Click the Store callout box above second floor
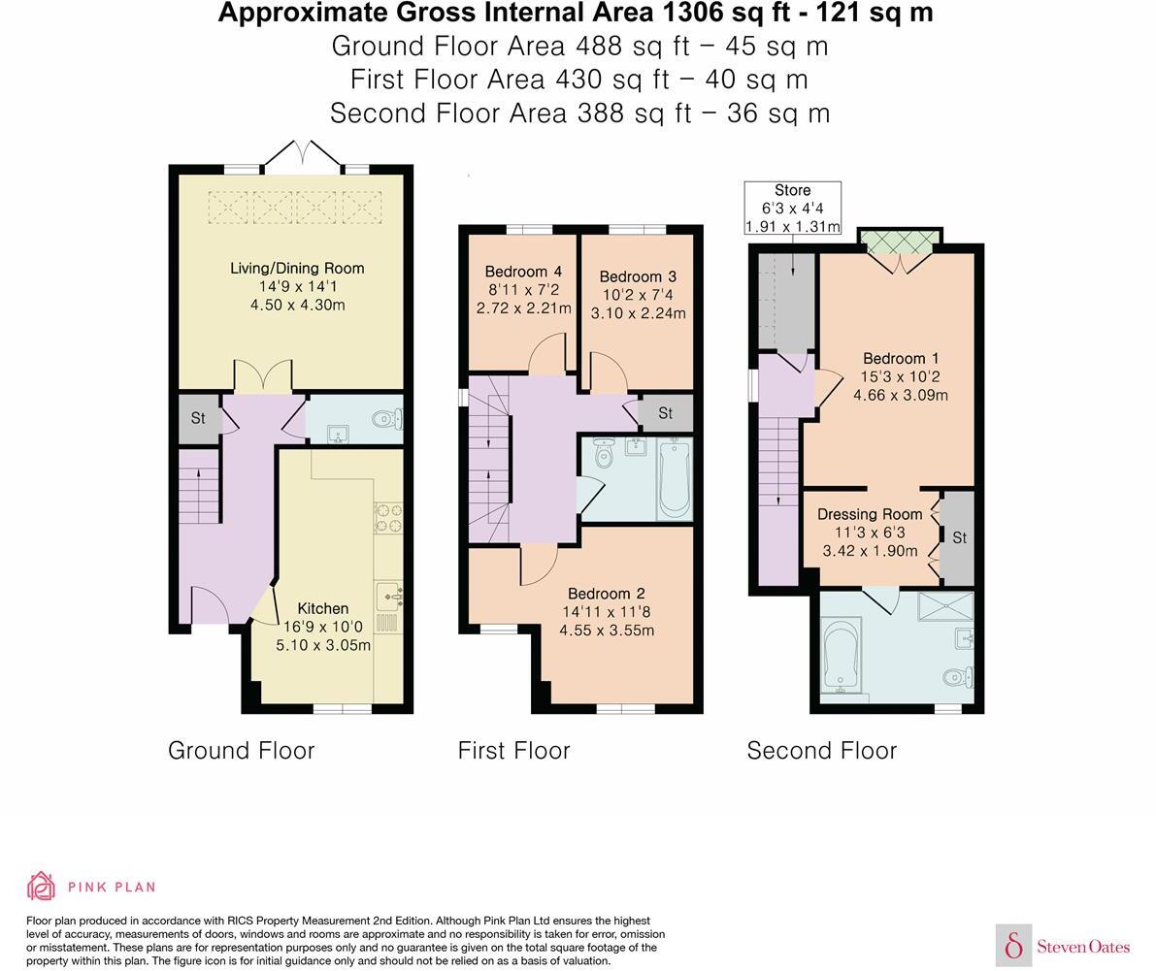(x=793, y=209)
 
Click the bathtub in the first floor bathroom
(x=675, y=478)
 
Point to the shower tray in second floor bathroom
(x=946, y=606)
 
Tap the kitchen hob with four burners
(x=388, y=517)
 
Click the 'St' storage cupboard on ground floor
(x=199, y=418)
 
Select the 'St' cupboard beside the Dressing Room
(x=958, y=537)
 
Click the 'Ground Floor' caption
(x=241, y=751)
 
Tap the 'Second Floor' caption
(x=822, y=751)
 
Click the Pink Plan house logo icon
(x=42, y=887)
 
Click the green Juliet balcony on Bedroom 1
(x=900, y=242)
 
